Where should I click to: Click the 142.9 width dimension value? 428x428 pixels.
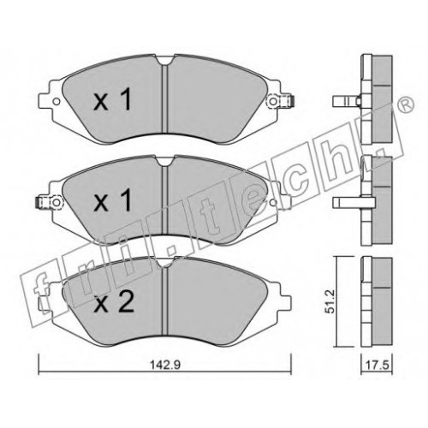[x=165, y=365]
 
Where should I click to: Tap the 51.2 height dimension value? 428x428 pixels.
[x=330, y=301]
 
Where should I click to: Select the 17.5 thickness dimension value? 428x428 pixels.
[x=377, y=366]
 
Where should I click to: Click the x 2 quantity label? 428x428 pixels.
[x=114, y=303]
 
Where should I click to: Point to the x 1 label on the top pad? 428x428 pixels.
[x=112, y=100]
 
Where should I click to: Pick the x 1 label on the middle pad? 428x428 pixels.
[x=112, y=201]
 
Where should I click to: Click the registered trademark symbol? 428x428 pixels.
[x=407, y=104]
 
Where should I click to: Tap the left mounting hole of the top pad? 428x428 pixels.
[x=56, y=101]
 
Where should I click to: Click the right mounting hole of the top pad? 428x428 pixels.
[x=273, y=101]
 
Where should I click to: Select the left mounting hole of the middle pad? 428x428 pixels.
[x=57, y=202]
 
